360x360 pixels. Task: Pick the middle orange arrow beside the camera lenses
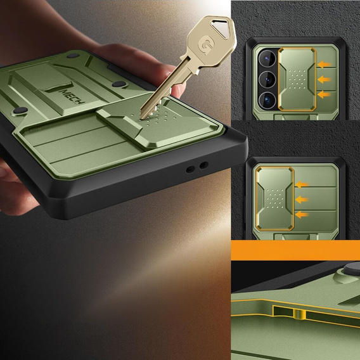325,79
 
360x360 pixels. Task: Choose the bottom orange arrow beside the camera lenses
325,94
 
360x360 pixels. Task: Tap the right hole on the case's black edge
203,166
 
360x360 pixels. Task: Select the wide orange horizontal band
295,250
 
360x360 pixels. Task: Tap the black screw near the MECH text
117,84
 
